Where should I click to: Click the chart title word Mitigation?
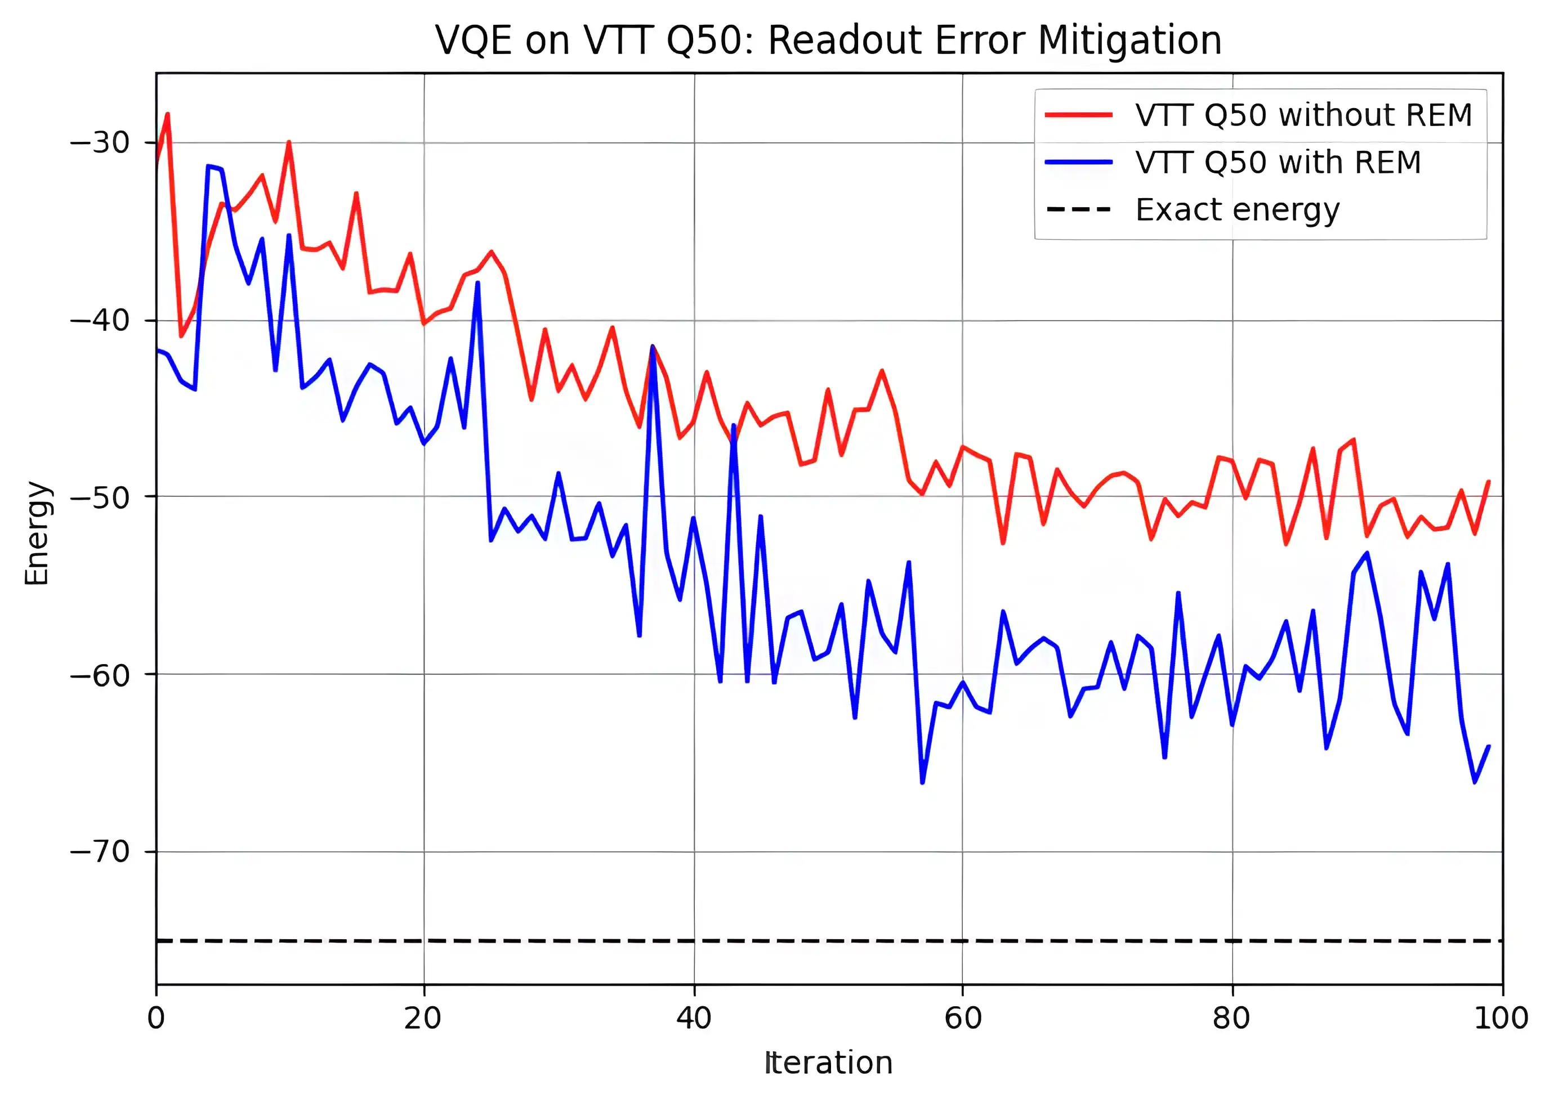coord(1129,41)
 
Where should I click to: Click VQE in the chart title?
coord(473,41)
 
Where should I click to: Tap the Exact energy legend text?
coord(1236,210)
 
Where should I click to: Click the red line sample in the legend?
coord(1078,115)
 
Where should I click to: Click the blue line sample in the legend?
coord(1078,162)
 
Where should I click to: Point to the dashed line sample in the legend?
coord(1078,209)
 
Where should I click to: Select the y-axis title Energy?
coord(37,533)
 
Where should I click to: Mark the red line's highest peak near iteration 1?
coord(168,114)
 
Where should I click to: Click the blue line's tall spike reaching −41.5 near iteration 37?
coord(653,347)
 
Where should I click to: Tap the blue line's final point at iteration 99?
coord(1489,746)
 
